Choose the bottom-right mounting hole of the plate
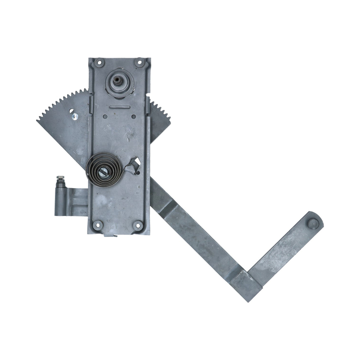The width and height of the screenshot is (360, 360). (137, 224)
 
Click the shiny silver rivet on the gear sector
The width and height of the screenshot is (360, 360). (75, 117)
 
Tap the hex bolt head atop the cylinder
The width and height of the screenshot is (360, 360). (60, 180)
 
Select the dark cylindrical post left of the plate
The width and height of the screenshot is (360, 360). (61, 200)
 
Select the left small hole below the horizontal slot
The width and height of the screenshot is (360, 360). (105, 117)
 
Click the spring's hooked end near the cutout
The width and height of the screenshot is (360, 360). (128, 167)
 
